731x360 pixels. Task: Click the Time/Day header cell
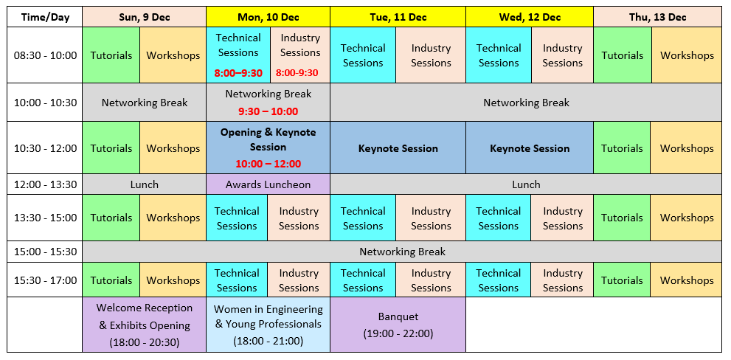click(x=45, y=17)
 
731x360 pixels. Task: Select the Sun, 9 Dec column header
click(x=144, y=17)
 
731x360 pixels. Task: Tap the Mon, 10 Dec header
click(x=268, y=17)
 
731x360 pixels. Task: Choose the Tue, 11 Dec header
click(x=398, y=17)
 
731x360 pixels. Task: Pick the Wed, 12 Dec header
click(x=530, y=17)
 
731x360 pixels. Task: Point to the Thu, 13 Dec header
click(x=657, y=17)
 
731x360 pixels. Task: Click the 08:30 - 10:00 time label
click(x=45, y=55)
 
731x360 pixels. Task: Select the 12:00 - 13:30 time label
click(x=45, y=184)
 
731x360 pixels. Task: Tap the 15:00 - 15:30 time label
click(x=45, y=252)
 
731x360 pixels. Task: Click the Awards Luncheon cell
click(x=268, y=184)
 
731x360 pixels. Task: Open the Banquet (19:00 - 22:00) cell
click(x=398, y=325)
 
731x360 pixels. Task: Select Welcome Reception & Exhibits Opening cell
click(x=144, y=325)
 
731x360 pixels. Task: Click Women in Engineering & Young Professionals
click(x=268, y=325)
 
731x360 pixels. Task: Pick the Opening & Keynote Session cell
click(x=268, y=148)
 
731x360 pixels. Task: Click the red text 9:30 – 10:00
click(x=268, y=111)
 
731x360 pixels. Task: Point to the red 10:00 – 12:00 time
click(x=268, y=164)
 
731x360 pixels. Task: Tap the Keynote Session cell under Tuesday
click(x=398, y=148)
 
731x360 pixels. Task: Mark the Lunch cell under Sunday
click(x=144, y=184)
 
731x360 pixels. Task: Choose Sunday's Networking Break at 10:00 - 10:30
click(x=144, y=103)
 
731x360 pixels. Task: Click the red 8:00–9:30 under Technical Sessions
click(x=238, y=73)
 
